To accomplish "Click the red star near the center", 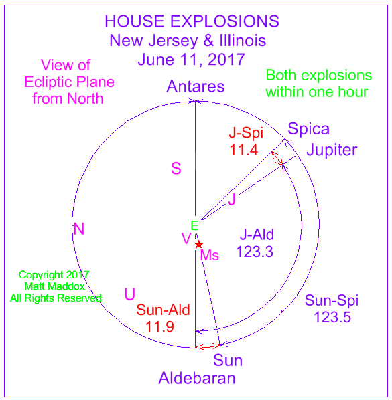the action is pyautogui.click(x=199, y=245).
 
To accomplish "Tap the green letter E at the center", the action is pyautogui.click(x=195, y=226).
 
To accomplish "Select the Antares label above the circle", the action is pyautogui.click(x=196, y=86).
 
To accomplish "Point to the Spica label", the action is pyautogui.click(x=308, y=129).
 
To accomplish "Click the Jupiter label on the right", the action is pyautogui.click(x=332, y=150).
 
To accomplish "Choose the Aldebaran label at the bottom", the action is pyautogui.click(x=197, y=378).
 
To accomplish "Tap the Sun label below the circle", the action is pyautogui.click(x=228, y=361).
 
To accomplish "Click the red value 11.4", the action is pyautogui.click(x=244, y=150).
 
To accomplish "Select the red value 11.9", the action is pyautogui.click(x=159, y=326).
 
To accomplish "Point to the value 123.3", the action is pyautogui.click(x=255, y=252).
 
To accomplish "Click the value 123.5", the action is pyautogui.click(x=332, y=317).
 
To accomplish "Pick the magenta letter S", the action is pyautogui.click(x=176, y=169).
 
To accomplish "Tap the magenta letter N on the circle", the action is pyautogui.click(x=78, y=229).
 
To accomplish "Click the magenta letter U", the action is pyautogui.click(x=130, y=294).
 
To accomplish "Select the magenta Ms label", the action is pyautogui.click(x=210, y=255).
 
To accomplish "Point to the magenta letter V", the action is pyautogui.click(x=186, y=239).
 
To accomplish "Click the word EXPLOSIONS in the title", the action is pyautogui.click(x=224, y=21).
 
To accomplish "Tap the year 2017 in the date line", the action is pyautogui.click(x=226, y=60).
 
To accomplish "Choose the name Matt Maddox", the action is pyautogui.click(x=54, y=286).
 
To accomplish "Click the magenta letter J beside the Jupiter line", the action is pyautogui.click(x=232, y=199).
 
